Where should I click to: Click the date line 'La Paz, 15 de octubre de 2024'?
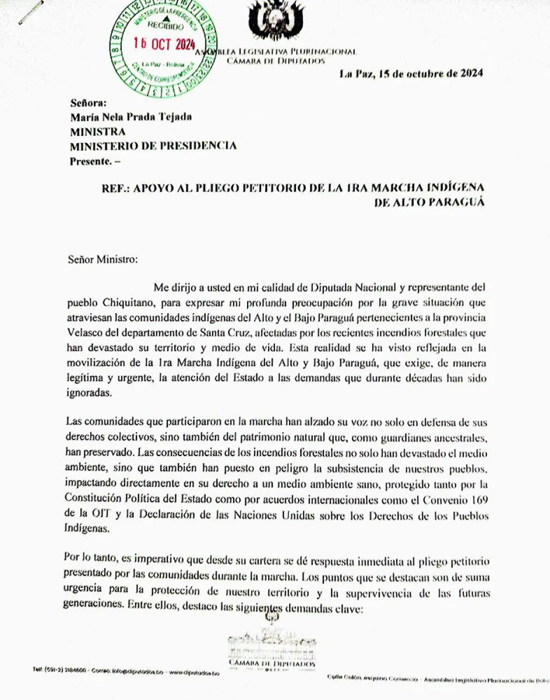tap(411, 74)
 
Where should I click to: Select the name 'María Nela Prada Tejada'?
tap(131, 117)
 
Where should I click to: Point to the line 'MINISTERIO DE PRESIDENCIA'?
tap(153, 146)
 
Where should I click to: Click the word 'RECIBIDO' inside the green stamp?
tap(165, 26)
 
